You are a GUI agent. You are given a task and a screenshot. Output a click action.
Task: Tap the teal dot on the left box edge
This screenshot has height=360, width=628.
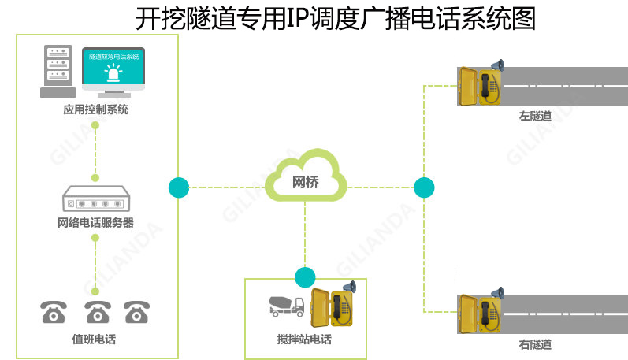point(179,187)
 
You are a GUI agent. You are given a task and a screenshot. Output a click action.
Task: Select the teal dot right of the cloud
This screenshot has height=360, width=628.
point(424,187)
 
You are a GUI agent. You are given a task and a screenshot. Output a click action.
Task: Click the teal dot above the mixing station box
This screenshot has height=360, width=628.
point(305,277)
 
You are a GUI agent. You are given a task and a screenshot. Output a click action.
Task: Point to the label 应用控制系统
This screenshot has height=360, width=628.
point(95,110)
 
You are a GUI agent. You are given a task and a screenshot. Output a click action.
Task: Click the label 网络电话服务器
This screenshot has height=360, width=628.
point(95,223)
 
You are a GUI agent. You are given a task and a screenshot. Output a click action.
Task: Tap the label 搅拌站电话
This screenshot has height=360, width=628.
point(304,340)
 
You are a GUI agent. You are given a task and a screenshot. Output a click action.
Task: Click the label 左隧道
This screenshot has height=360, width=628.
point(535,116)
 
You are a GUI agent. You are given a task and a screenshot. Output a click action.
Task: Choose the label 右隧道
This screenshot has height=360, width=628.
point(535,344)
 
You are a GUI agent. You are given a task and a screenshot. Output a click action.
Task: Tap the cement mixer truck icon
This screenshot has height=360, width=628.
point(286,306)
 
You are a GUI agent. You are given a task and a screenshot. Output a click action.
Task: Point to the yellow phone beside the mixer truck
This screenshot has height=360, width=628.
point(330,310)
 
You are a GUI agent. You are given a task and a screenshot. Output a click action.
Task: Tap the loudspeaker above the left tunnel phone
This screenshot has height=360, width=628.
point(496,66)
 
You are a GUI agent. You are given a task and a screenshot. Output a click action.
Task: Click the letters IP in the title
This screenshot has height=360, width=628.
point(295,17)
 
